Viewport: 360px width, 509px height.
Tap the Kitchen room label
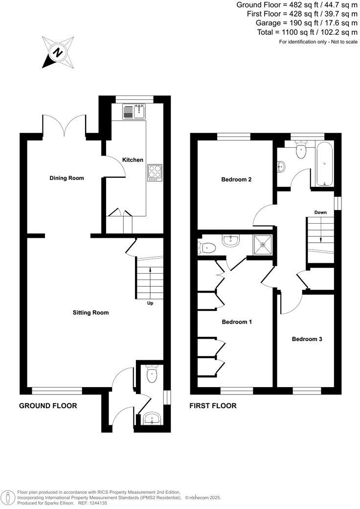(x=133, y=160)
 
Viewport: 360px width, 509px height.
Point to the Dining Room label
(x=67, y=178)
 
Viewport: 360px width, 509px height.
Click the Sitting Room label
(x=90, y=313)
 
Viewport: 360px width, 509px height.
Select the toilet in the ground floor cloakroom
(x=152, y=376)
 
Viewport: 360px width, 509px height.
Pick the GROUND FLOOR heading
(x=48, y=406)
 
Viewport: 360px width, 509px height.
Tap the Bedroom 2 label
(x=236, y=180)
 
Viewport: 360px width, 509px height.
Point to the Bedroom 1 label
(x=237, y=322)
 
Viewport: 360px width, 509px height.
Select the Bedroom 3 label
(x=307, y=339)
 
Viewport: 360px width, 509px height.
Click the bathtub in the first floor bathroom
(x=324, y=164)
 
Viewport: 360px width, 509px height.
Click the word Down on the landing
(x=320, y=213)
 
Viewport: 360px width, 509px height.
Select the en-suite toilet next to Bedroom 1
(x=207, y=248)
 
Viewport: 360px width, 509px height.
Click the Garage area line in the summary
(x=307, y=23)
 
